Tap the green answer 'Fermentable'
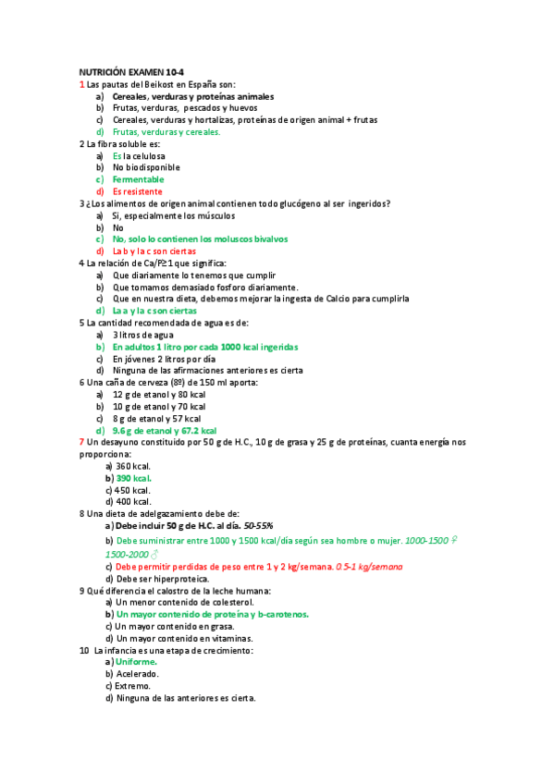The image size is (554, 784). point(139,179)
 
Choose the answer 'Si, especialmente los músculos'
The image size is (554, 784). point(173,215)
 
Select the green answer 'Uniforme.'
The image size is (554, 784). point(136,662)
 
